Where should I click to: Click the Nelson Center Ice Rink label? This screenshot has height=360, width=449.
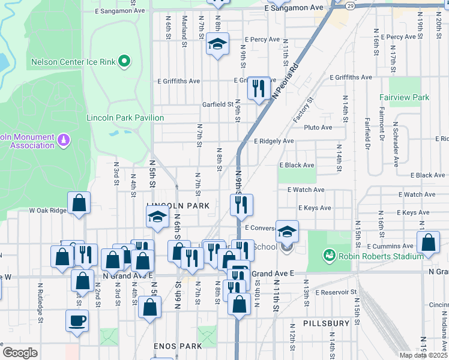pos(74,62)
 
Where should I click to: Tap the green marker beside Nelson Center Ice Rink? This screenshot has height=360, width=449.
pos(125,61)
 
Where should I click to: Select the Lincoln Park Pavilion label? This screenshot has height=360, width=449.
pos(125,118)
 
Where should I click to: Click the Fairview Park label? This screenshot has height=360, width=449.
pos(404,97)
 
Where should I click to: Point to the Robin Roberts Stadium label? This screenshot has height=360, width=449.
pos(380,256)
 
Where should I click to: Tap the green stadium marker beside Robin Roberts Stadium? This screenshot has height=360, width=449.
pos(328,256)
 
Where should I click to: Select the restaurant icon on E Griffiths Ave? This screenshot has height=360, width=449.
pos(258,89)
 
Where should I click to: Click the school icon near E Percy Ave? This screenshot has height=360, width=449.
pos(217,44)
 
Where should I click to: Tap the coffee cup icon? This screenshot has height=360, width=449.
pos(77,320)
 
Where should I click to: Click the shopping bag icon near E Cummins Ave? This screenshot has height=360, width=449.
pos(429,244)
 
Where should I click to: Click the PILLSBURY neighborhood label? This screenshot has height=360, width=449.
pos(326,323)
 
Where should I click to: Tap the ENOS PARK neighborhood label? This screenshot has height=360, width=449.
pos(177,347)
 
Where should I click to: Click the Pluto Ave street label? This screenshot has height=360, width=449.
pos(318,128)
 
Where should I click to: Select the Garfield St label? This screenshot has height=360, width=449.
pos(217,104)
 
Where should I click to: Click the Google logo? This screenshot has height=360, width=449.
pos(20,353)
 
